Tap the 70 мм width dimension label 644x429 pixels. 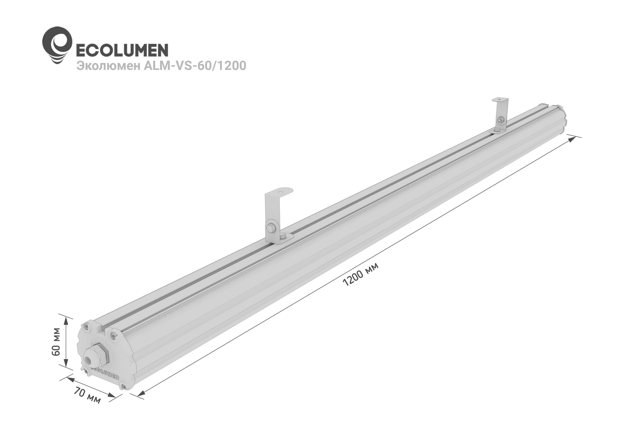(x=87, y=396)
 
